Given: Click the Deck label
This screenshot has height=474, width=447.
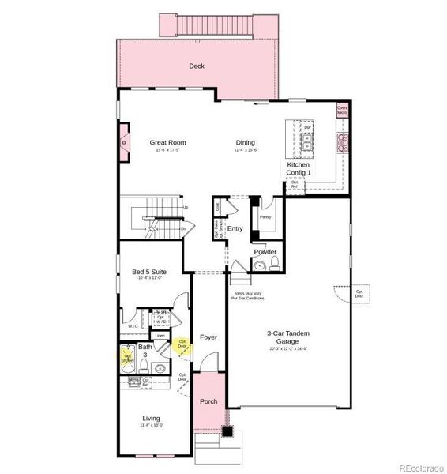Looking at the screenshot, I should coord(197,66).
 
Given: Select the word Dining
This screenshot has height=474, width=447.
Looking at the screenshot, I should coord(245,143).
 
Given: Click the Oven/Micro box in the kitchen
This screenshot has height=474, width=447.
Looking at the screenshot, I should coord(342,111).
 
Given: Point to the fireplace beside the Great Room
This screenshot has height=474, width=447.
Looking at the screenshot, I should coord(124,142).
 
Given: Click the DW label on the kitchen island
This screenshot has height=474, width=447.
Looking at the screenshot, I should coord(307,127).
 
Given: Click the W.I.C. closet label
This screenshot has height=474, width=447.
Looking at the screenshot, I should coord(133,326).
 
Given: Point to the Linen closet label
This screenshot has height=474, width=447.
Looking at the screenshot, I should coord(160,336).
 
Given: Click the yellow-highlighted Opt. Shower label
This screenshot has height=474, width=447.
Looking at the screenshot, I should coord(127,357).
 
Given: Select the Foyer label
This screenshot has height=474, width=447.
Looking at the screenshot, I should coord(208,337).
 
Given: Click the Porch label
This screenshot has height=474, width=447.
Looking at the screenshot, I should coord(208,401).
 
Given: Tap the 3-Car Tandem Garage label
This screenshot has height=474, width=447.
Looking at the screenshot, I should coord(287,338).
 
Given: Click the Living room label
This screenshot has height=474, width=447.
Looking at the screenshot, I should coord(151,419).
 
